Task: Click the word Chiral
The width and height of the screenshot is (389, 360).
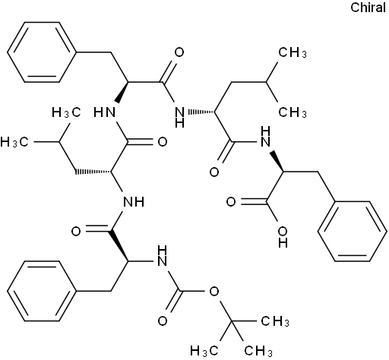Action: (368, 8)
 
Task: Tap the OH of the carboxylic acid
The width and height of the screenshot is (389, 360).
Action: (283, 237)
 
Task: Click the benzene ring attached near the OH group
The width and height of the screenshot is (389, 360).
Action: (353, 231)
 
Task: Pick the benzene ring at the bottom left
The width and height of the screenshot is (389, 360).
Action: (42, 291)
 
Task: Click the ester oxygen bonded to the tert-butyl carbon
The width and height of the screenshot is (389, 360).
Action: (214, 292)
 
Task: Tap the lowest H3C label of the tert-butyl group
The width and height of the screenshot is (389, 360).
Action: (204, 351)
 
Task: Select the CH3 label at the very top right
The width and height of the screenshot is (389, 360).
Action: (293, 52)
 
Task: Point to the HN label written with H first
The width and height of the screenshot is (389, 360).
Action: (105, 112)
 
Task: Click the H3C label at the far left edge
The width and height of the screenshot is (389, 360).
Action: (14, 142)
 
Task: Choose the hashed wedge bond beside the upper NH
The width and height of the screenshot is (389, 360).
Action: (200, 112)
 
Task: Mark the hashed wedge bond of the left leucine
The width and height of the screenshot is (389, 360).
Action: (93, 172)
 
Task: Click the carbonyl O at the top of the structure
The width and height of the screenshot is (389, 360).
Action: (179, 52)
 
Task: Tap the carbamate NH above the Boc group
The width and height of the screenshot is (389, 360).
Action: (162, 256)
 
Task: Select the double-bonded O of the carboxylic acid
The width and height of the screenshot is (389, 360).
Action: (231, 202)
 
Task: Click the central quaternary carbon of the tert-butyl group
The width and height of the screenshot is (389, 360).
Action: (231, 321)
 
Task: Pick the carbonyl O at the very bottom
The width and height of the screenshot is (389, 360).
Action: (163, 321)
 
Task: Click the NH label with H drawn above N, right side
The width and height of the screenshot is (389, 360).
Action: (265, 137)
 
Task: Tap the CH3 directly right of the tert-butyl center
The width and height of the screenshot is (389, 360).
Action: (275, 321)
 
